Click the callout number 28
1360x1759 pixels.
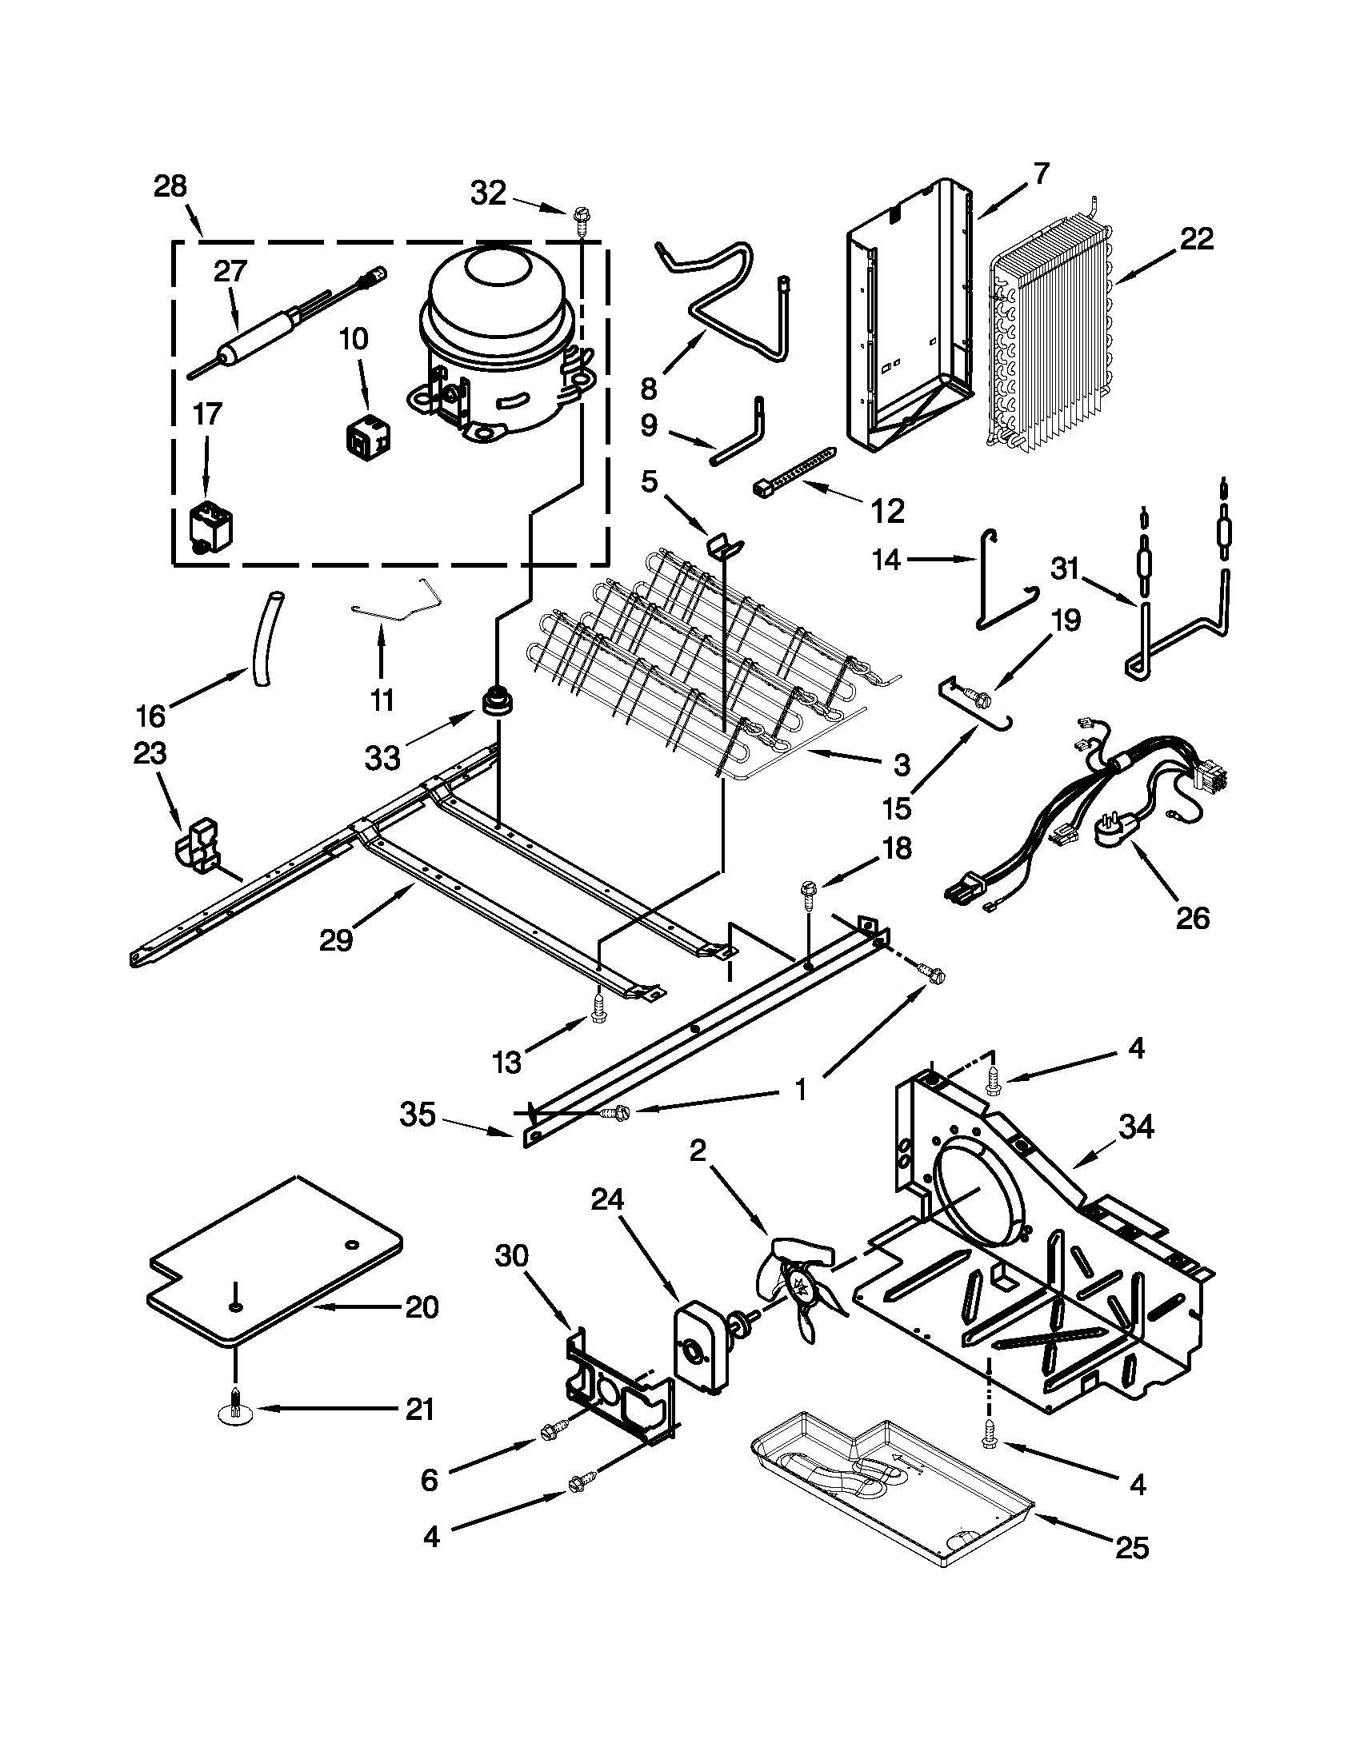[170, 187]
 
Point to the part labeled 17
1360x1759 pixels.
[207, 527]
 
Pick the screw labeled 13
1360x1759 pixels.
[598, 1008]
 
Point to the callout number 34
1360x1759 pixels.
[1136, 1128]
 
